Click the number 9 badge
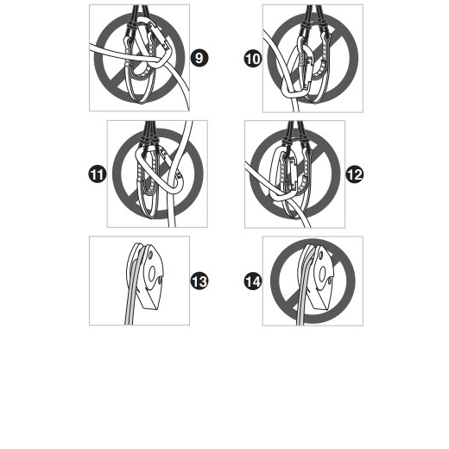click(x=199, y=58)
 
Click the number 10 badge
click(x=253, y=59)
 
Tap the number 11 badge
click(x=98, y=174)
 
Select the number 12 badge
click(x=355, y=174)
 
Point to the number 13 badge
click(x=199, y=281)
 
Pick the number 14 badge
click(x=253, y=281)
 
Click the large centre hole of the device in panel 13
click(x=151, y=273)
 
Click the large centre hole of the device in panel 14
click(x=322, y=273)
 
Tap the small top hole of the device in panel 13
click(x=150, y=255)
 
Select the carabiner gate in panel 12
click(x=294, y=173)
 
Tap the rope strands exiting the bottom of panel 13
click(x=130, y=311)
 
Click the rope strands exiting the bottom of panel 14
click(x=300, y=313)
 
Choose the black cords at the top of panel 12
click(x=295, y=134)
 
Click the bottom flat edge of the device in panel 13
click(x=149, y=308)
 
